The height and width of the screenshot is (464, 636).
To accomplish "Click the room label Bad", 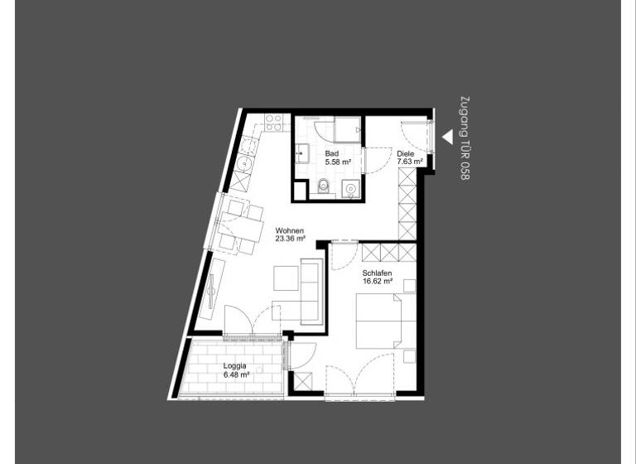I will pos(331,154).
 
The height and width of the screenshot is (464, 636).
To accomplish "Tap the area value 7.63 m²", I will pos(410,162).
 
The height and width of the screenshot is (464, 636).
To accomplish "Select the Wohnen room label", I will pos(289,231).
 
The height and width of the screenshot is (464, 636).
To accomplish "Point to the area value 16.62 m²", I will pos(377,281).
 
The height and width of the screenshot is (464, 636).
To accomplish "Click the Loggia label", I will pos(236,366).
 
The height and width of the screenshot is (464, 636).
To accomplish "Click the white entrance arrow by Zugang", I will pos(446,137).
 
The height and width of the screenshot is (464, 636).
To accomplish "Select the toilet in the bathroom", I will pos(324,186).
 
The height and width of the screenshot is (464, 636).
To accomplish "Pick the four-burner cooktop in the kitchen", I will pos(272,123).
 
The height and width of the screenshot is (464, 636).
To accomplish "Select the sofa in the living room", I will pos(312,290).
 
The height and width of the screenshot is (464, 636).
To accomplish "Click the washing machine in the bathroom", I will pos(351,189).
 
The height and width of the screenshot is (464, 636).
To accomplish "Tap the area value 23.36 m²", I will pos(291,239).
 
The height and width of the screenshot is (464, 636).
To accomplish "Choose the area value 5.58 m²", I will pos(338,162).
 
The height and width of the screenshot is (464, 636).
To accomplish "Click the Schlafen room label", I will pos(377,273).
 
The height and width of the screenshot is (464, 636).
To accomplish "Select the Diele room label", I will pos(405,154).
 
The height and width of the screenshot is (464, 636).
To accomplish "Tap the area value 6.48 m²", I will pos(237,375).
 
